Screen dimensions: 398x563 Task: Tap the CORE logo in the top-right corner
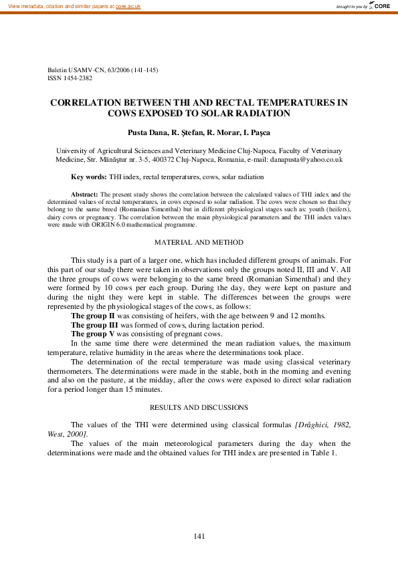[381, 5]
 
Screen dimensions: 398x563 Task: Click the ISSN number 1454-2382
[76, 78]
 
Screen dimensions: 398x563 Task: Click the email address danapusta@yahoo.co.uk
[304, 160]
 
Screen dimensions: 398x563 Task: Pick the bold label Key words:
[88, 177]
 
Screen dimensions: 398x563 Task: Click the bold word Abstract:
[84, 193]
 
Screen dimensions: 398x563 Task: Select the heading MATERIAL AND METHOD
[199, 242]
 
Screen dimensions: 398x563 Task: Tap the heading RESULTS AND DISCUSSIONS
[199, 407]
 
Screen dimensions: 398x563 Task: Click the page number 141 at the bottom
[199, 536]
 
